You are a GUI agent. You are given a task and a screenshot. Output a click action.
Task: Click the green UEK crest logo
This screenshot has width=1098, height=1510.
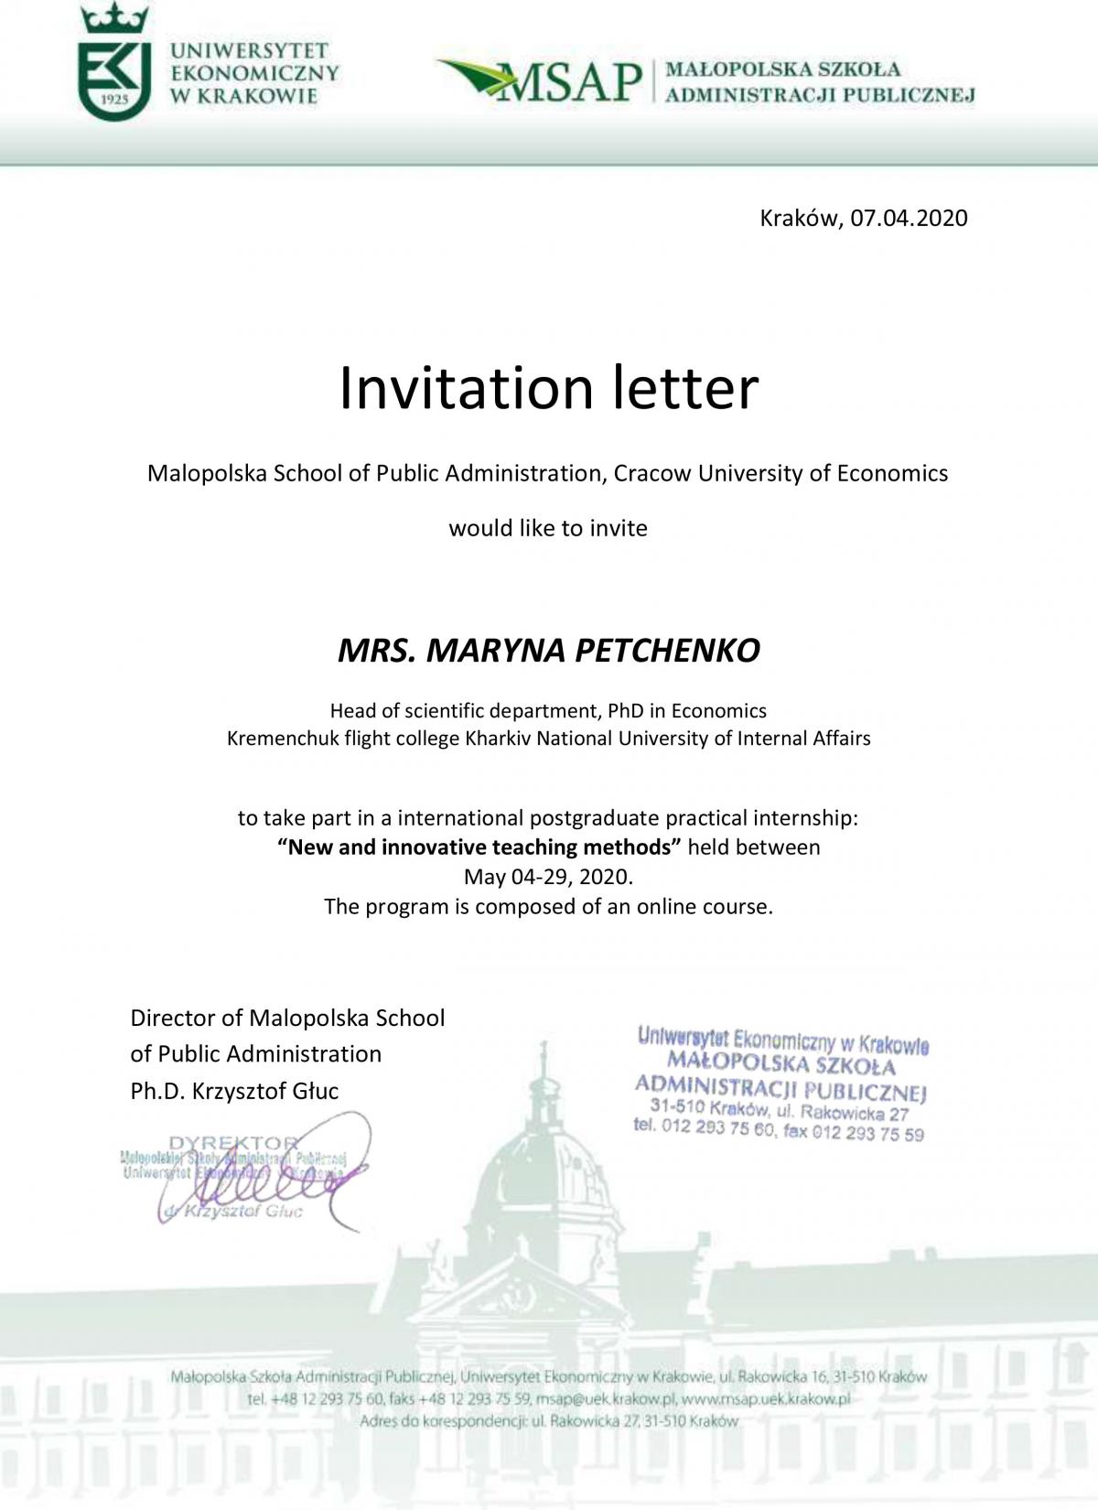115,64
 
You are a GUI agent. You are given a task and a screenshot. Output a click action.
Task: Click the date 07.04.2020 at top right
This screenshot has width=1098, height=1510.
909,218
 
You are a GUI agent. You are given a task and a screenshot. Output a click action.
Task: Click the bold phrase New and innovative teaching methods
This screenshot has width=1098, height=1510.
480,847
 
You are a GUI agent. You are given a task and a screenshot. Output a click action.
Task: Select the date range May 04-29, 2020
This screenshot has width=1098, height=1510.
548,877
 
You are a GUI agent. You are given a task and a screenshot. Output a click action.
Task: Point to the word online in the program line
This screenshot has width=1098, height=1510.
667,907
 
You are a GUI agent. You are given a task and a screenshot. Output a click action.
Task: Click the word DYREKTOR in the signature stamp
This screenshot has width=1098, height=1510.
234,1143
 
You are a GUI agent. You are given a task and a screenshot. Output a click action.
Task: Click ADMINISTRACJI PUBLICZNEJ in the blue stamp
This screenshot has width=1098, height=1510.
781,1088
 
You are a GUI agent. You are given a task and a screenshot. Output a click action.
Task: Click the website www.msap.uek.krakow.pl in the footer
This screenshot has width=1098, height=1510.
766,1399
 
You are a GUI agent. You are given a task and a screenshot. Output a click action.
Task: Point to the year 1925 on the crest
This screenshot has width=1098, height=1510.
114,98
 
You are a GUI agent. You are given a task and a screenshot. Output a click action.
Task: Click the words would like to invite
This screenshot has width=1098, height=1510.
548,528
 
